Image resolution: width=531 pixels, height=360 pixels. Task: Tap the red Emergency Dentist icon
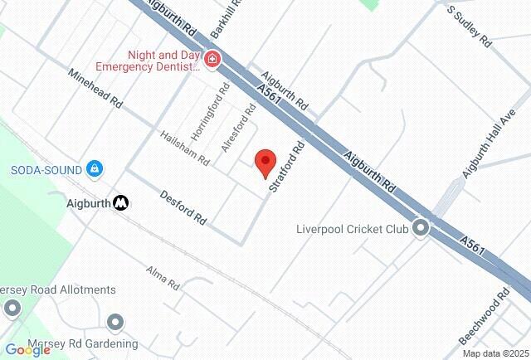click(213, 59)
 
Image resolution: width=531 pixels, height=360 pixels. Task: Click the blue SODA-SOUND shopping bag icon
click(96, 168)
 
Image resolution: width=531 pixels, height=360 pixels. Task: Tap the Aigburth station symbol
click(121, 202)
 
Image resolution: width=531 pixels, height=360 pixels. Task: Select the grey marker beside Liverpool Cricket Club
click(422, 227)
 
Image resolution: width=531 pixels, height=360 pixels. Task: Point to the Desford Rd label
click(183, 210)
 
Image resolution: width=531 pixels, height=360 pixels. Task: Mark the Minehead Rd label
click(95, 95)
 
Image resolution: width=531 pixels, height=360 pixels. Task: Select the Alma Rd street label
click(163, 278)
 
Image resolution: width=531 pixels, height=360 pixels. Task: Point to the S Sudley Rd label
click(470, 27)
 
